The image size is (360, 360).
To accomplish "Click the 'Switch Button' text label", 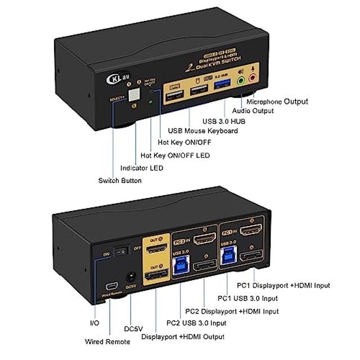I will point(120,181).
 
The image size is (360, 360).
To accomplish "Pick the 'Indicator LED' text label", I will point(142,168).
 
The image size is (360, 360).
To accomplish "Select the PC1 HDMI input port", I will point(249,231).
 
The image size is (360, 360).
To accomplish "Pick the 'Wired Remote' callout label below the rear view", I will point(103,341).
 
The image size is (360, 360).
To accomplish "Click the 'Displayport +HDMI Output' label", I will point(183,336).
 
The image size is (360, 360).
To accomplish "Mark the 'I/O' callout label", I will point(95,323).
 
